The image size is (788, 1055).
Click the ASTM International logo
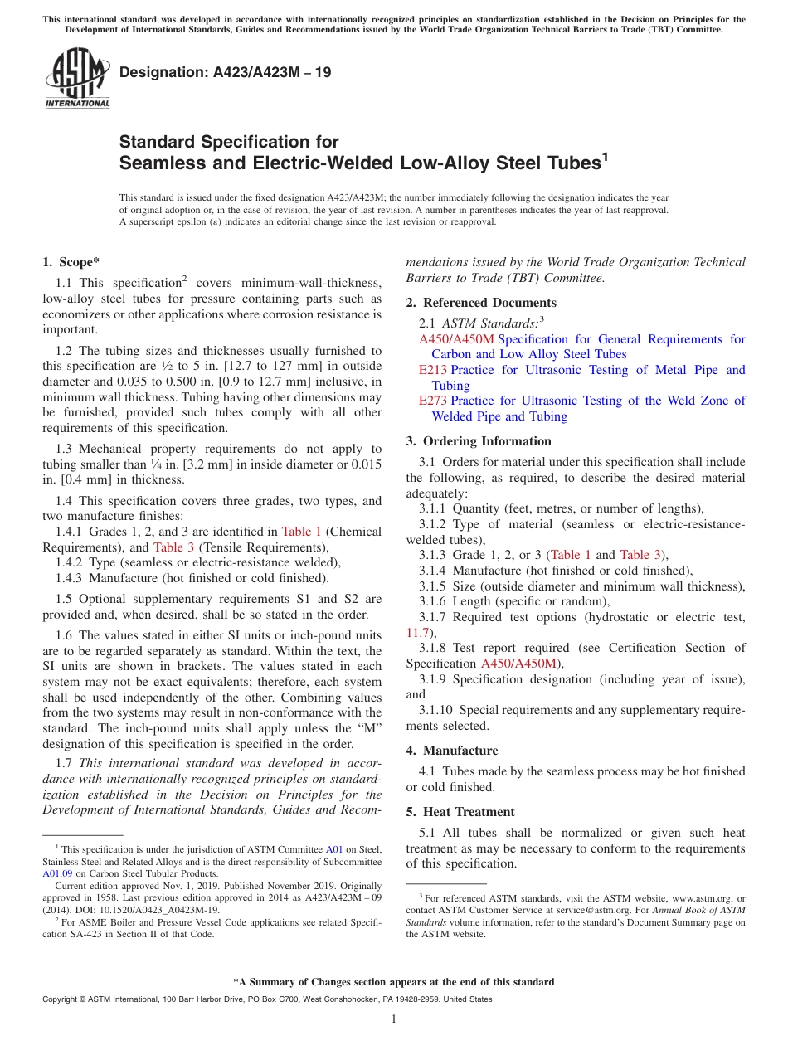pos(76,79)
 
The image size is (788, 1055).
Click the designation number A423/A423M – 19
pos(225,72)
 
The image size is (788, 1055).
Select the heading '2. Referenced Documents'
pos(481,303)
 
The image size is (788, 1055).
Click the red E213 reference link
pos(432,370)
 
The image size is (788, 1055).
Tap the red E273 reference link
pos(432,401)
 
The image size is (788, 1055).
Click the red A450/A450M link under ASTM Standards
pos(456,339)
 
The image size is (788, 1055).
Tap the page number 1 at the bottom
pos(394,1019)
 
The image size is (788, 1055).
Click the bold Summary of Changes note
pos(393,982)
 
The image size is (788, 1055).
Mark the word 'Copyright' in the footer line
pos(61,999)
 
